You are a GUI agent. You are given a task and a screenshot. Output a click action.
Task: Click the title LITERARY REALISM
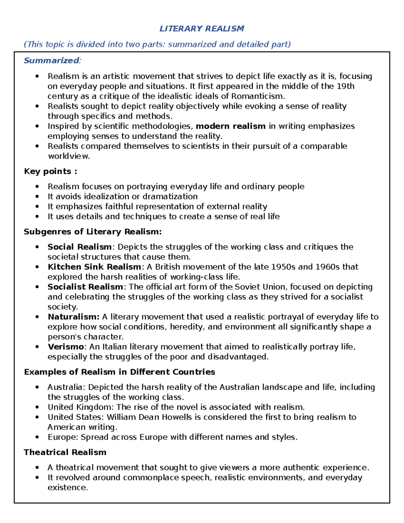tap(202, 29)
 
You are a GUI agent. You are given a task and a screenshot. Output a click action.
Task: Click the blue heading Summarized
tap(52, 61)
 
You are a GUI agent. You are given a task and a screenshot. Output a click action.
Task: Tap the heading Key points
tap(50, 171)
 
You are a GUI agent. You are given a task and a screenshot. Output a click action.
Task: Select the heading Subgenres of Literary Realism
tap(93, 232)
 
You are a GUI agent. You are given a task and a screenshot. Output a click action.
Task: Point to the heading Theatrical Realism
tap(65, 452)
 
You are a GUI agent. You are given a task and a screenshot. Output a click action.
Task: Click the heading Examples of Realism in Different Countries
tap(120, 372)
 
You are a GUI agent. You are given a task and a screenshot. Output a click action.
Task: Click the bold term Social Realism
tap(79, 247)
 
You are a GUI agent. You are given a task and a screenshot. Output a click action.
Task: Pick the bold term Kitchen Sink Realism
tap(94, 267)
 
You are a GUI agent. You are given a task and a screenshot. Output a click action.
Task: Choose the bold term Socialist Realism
tap(85, 287)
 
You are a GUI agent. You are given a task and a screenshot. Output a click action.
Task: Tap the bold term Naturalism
tap(73, 317)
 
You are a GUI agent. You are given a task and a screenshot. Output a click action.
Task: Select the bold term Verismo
tap(66, 347)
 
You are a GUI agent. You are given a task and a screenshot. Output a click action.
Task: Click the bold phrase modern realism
tap(231, 126)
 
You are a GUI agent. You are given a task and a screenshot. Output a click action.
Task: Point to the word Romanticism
tap(258, 96)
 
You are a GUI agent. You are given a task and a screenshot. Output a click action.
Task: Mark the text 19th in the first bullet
tap(345, 86)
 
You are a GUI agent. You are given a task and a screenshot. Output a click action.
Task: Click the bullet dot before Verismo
tap(37, 347)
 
